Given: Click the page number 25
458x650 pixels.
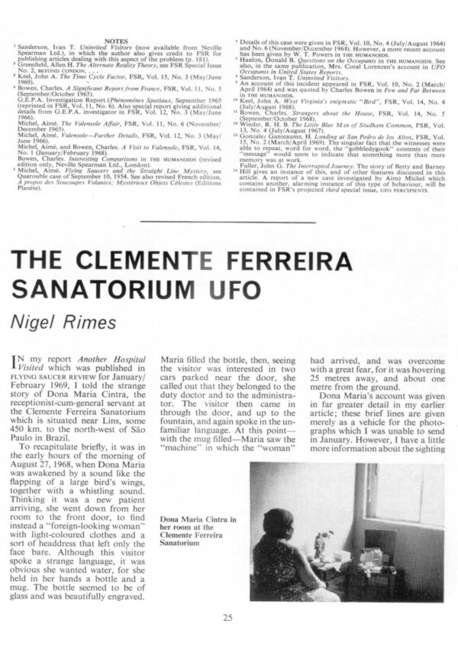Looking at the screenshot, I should (229, 618).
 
